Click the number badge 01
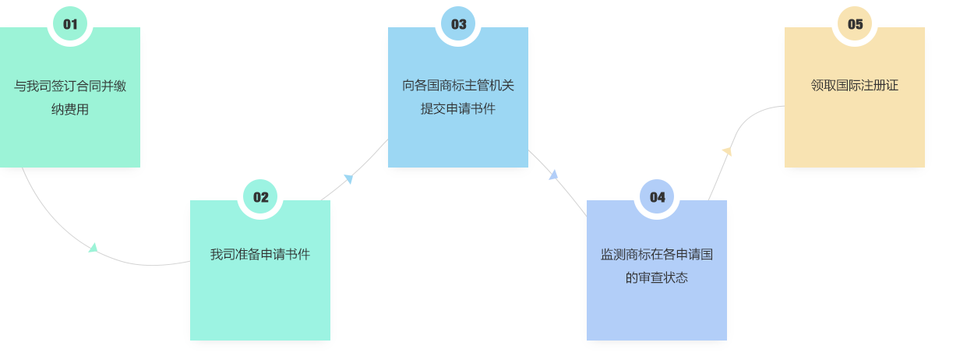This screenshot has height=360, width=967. tap(70, 23)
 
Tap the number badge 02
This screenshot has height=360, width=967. tap(260, 196)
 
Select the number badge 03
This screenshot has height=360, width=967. tap(458, 23)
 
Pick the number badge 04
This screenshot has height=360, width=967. tap(657, 196)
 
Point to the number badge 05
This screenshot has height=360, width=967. tap(855, 23)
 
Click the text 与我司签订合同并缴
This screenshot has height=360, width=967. tap(70, 86)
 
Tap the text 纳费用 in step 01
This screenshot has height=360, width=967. tap(70, 109)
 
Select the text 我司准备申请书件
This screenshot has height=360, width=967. tap(260, 254)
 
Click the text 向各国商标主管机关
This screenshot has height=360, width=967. tap(458, 85)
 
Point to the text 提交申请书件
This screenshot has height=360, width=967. tap(458, 108)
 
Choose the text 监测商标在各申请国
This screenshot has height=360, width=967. tap(657, 254)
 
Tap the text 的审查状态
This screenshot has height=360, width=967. tap(657, 277)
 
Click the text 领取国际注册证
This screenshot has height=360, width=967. tap(855, 85)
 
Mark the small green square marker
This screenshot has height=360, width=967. tap(94, 247)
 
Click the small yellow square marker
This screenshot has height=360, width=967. tap(727, 151)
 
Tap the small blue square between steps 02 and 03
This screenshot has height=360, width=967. tap(348, 179)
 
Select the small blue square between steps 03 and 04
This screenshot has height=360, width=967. tap(553, 175)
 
